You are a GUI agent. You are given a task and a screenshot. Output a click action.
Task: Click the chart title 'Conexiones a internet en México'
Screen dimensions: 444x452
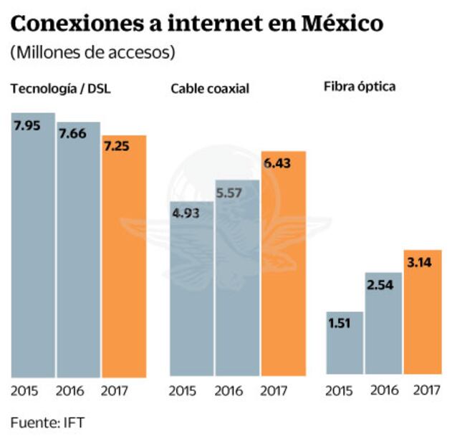click(x=197, y=23)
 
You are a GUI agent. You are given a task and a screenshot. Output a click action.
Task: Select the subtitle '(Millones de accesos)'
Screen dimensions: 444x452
click(x=92, y=53)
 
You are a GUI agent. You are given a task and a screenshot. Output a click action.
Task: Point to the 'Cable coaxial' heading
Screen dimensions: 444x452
click(x=209, y=89)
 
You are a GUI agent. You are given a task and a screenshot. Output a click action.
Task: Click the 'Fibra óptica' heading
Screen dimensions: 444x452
click(x=360, y=87)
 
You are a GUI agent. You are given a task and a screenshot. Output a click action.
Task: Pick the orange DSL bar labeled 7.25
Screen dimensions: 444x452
click(x=123, y=258)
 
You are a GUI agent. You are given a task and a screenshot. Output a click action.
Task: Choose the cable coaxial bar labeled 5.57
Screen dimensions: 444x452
click(x=236, y=279)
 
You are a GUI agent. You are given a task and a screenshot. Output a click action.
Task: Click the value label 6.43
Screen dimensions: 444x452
click(x=277, y=163)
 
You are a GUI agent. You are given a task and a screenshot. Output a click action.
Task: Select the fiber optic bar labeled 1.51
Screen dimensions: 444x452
click(x=344, y=344)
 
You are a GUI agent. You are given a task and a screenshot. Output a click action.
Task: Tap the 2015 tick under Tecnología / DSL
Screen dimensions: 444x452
click(x=24, y=392)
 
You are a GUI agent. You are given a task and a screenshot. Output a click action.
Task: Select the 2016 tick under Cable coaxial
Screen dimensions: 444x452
click(x=229, y=392)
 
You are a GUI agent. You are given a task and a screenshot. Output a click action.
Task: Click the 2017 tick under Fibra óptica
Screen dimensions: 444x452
click(x=427, y=391)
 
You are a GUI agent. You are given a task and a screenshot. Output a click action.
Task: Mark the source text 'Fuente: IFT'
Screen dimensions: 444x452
click(x=47, y=423)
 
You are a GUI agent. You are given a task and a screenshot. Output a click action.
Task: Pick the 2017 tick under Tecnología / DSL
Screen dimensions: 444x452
click(x=115, y=392)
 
